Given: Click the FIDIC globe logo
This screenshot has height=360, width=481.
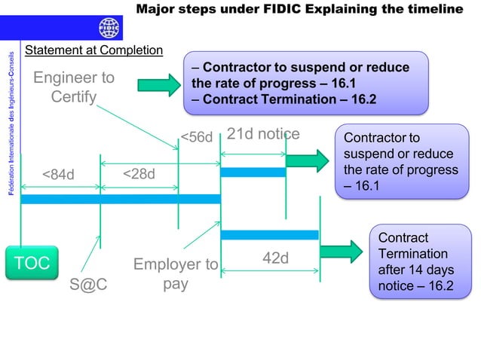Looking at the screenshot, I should (109, 29).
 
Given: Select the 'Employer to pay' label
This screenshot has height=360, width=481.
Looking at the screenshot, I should (176, 275).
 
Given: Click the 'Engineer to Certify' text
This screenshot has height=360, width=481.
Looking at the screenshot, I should (74, 87).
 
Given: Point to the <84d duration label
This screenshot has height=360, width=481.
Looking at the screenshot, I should (58, 175).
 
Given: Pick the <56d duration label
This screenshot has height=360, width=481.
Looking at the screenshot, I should (197, 136).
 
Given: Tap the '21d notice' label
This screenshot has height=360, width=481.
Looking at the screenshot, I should (263, 135).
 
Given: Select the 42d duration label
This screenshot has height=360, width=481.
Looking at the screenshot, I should (275, 258).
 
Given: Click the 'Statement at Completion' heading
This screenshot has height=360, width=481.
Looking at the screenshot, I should (94, 50).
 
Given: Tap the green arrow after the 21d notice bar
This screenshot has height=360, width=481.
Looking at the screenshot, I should (303, 160).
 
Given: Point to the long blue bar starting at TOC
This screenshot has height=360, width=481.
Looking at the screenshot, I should (120, 199).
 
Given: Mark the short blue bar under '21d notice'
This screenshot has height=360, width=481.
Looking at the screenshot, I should (253, 172).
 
